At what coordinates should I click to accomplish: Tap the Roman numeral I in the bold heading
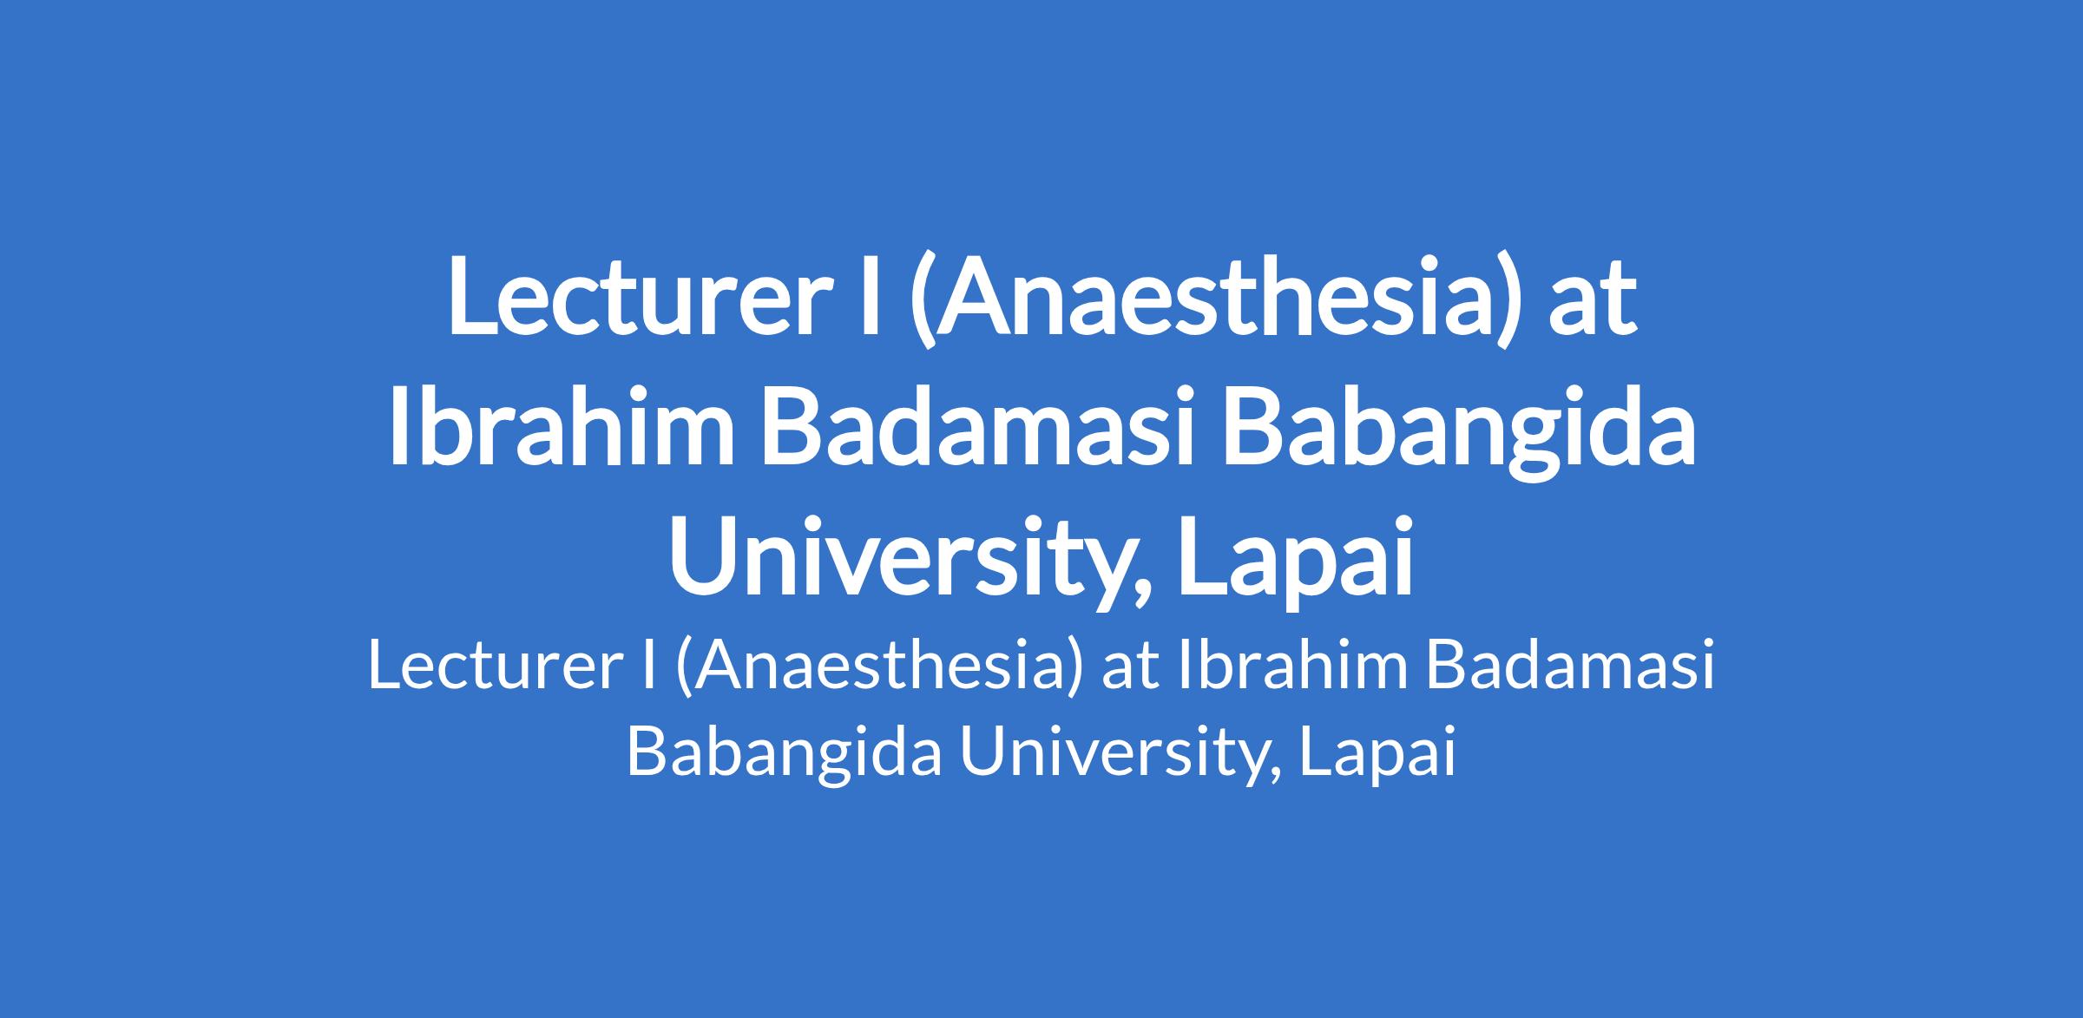coord(866,294)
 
